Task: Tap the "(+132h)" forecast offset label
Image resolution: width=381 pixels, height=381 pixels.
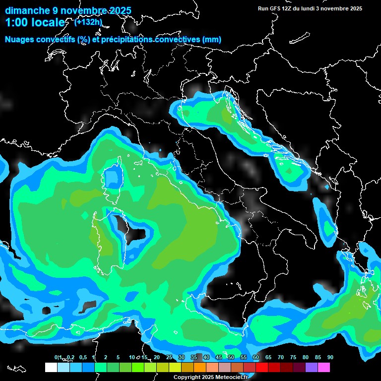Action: pos(88,22)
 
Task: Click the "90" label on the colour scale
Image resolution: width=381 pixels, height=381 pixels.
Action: pos(330,358)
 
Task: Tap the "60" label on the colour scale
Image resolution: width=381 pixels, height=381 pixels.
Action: pos(255,358)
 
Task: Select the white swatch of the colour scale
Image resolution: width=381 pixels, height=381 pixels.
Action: pos(51,367)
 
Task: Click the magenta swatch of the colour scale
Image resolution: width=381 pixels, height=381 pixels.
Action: pos(324,367)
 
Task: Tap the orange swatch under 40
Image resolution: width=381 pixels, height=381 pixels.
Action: pos(200,367)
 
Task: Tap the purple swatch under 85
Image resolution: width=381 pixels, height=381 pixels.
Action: pos(312,367)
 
